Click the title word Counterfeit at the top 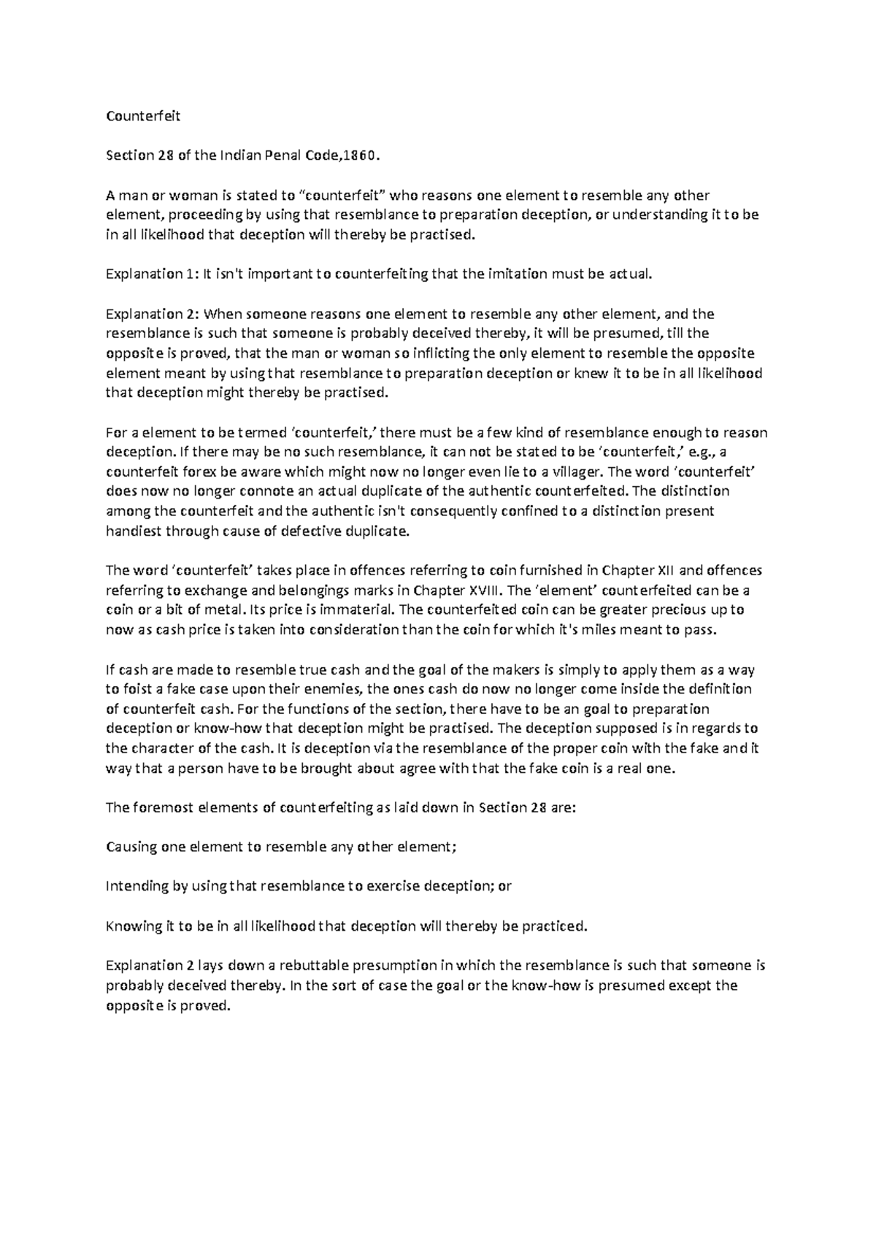[x=143, y=116]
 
